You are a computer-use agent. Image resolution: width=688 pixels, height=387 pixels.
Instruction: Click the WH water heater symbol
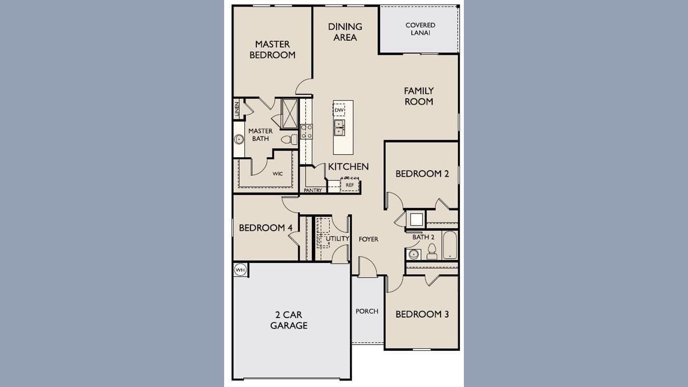pyautogui.click(x=240, y=270)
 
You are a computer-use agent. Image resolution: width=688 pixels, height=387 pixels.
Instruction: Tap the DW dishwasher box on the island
pyautogui.click(x=339, y=110)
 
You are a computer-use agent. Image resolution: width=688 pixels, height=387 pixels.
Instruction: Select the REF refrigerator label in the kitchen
pyautogui.click(x=350, y=185)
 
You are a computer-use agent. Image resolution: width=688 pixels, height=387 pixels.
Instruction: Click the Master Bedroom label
pyautogui.click(x=272, y=49)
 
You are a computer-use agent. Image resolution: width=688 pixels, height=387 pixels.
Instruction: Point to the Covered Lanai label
pyautogui.click(x=420, y=29)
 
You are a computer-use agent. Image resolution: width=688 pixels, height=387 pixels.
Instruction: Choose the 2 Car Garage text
pyautogui.click(x=289, y=320)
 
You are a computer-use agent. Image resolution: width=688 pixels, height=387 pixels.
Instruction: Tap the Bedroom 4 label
pyautogui.click(x=265, y=228)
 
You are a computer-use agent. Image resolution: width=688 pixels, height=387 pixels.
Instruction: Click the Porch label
pyautogui.click(x=367, y=311)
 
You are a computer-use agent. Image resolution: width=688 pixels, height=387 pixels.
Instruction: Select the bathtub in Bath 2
pyautogui.click(x=449, y=245)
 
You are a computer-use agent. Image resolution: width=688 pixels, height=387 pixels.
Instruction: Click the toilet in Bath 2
pyautogui.click(x=432, y=251)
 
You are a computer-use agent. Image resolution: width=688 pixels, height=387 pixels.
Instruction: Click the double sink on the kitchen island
pyautogui.click(x=339, y=127)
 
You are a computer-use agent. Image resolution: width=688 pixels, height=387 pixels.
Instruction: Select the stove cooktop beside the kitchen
pyautogui.click(x=306, y=132)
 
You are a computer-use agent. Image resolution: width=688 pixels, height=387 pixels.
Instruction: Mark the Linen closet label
pyautogui.click(x=237, y=109)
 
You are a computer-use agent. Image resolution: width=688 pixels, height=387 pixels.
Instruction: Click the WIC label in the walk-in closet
pyautogui.click(x=278, y=174)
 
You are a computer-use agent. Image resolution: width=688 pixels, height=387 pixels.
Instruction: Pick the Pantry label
pyautogui.click(x=313, y=190)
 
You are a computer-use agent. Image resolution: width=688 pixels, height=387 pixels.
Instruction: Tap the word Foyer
pyautogui.click(x=368, y=239)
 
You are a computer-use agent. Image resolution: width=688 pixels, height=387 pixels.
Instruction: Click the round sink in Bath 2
pyautogui.click(x=414, y=254)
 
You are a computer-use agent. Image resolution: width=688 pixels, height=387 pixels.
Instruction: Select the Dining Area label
pyautogui.click(x=345, y=32)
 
